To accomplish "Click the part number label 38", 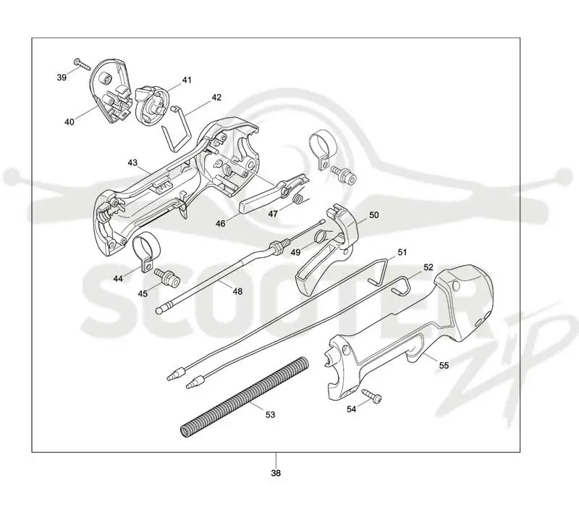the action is tap(276, 473).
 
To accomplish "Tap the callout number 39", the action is tap(62, 78).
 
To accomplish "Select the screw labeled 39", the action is tap(82, 64).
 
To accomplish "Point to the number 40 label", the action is tap(69, 122).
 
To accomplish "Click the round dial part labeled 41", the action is tap(151, 104).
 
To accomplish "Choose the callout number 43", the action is tap(132, 163).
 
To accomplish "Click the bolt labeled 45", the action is tap(167, 277).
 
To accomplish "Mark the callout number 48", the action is tap(237, 291).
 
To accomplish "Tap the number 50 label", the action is tap(374, 215).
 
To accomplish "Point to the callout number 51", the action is tap(402, 252).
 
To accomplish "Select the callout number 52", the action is tap(428, 267).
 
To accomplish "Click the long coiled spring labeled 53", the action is tap(244, 398).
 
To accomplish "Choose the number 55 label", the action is tap(444, 365).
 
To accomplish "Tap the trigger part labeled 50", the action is tap(328, 249).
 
